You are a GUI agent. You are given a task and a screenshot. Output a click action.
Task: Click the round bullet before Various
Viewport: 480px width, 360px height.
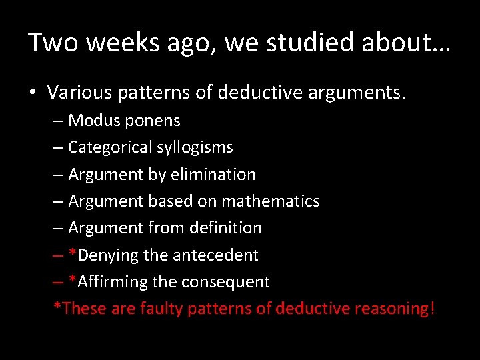point(33,93)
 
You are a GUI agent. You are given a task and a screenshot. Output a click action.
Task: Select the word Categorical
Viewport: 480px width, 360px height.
point(109,147)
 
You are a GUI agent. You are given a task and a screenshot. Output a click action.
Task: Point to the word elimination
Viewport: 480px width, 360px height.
point(213,174)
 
